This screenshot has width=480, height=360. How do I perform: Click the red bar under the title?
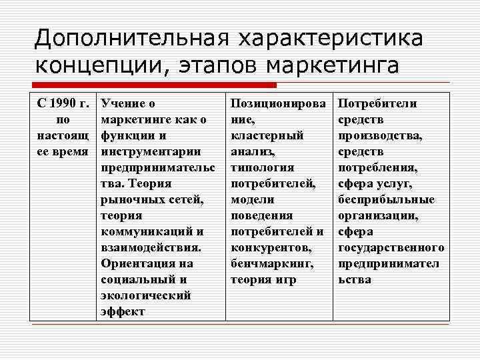pyautogui.click(x=154, y=85)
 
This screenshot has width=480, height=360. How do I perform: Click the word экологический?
pyautogui.click(x=145, y=295)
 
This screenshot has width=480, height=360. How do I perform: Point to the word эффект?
pyautogui.click(x=123, y=311)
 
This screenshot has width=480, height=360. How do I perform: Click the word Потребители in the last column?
pyautogui.click(x=378, y=103)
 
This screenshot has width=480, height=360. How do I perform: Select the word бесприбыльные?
pyautogui.click(x=386, y=199)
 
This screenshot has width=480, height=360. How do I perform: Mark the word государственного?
pyautogui.click(x=391, y=247)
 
